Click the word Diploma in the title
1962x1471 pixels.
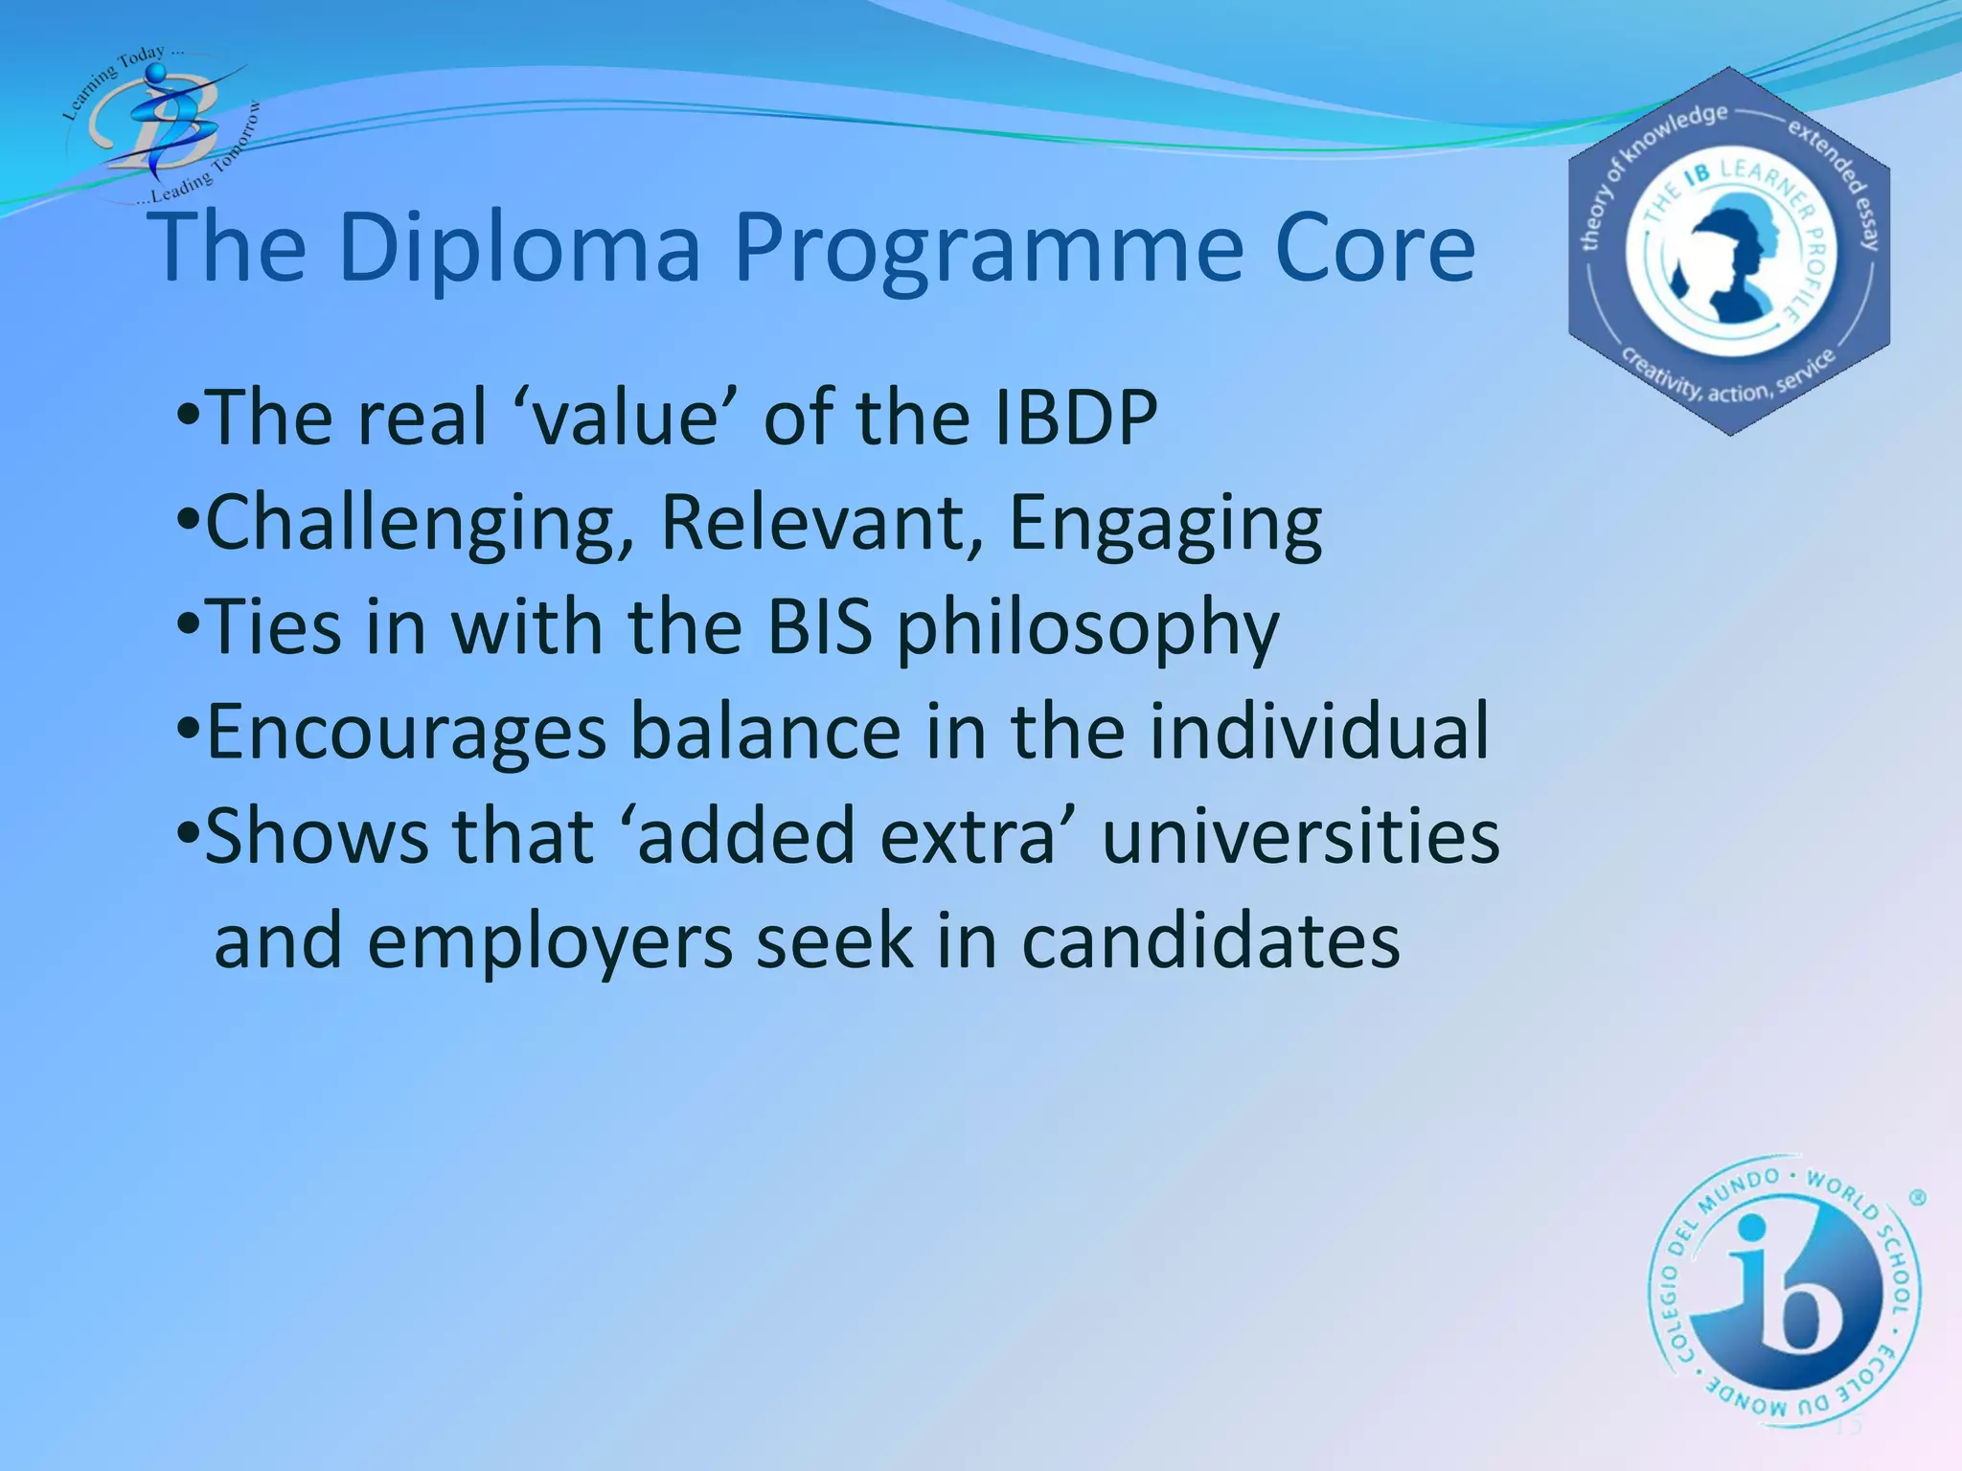point(519,248)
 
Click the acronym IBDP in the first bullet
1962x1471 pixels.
point(1075,418)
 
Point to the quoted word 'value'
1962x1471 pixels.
point(627,418)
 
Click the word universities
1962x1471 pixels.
point(1300,836)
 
